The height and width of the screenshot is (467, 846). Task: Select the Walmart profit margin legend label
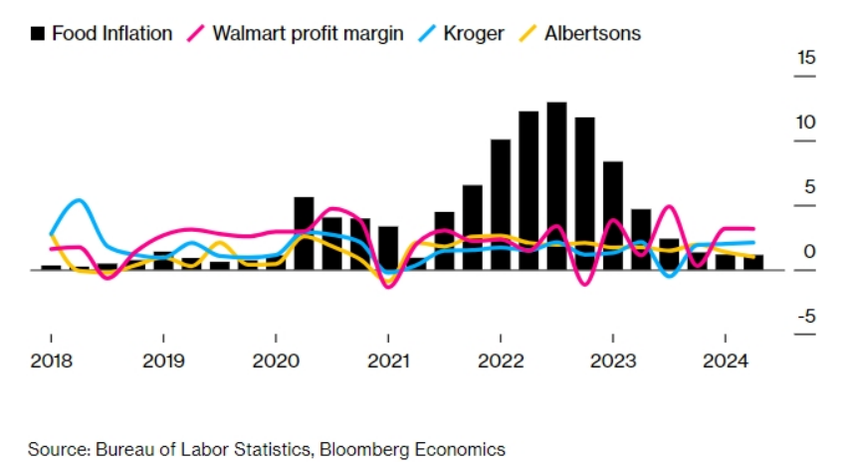pyautogui.click(x=308, y=33)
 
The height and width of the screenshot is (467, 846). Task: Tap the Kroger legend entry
pyautogui.click(x=475, y=33)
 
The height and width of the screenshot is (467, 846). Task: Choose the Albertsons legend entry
pyautogui.click(x=592, y=33)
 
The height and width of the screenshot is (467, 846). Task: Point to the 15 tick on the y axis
pyautogui.click(x=806, y=58)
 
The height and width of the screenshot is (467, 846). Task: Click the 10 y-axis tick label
pyautogui.click(x=806, y=122)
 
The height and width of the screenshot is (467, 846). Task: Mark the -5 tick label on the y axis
pyautogui.click(x=806, y=316)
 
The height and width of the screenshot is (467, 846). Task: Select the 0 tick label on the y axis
pyautogui.click(x=810, y=251)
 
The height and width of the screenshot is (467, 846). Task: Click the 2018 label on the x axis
pyautogui.click(x=51, y=360)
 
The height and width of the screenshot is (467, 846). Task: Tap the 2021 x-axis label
pyautogui.click(x=388, y=360)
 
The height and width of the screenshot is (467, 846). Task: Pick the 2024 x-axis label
pyautogui.click(x=725, y=360)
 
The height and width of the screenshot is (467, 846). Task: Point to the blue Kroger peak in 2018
pyautogui.click(x=79, y=200)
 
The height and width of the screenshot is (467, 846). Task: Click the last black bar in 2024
pyautogui.click(x=753, y=262)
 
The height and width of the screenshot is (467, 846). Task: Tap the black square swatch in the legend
pyautogui.click(x=38, y=33)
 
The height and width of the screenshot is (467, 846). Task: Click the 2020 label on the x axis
pyautogui.click(x=276, y=360)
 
